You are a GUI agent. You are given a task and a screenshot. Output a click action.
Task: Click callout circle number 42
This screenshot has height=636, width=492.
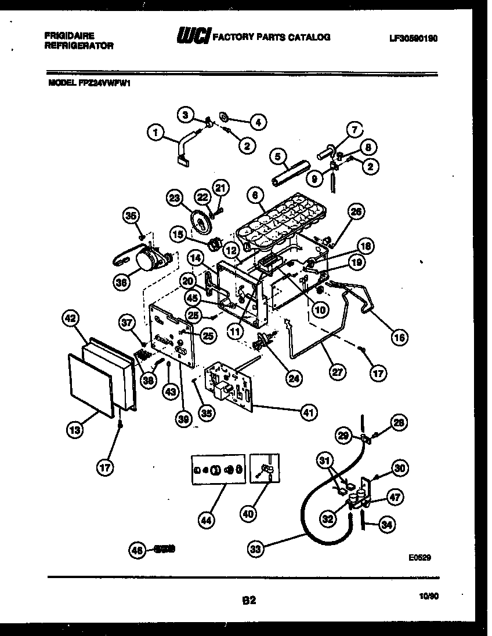tap(71, 319)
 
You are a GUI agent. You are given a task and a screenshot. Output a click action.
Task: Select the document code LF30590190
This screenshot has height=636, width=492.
tap(413, 38)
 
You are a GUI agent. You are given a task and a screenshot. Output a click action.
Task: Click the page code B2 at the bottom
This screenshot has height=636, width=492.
tap(249, 601)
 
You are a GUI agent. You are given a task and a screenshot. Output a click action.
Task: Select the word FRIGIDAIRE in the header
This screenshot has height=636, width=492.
tap(69, 35)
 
